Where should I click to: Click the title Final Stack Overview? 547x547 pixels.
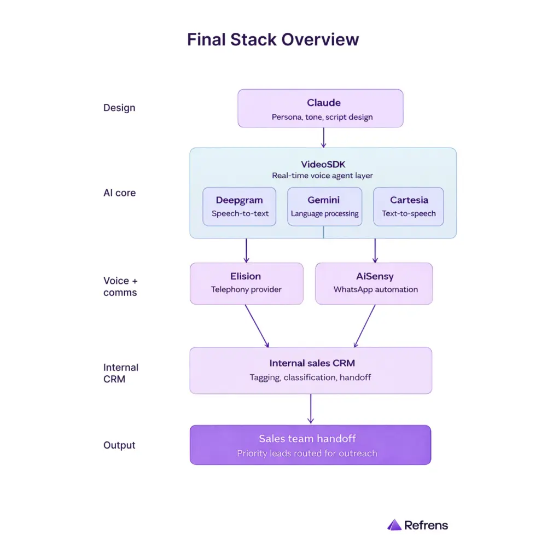(273, 39)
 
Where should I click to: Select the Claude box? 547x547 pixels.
(320, 108)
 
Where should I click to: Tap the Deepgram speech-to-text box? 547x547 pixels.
(240, 206)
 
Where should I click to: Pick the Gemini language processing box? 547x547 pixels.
(324, 206)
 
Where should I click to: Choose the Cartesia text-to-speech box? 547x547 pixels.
(409, 206)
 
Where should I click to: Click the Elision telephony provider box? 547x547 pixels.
(246, 283)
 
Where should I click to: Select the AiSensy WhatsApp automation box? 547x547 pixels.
(374, 283)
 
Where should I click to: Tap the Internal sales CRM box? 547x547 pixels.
(310, 370)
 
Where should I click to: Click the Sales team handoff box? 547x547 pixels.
(310, 445)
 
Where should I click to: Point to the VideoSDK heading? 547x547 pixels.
(323, 164)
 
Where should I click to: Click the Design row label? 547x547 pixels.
(119, 108)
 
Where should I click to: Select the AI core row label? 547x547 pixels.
(119, 193)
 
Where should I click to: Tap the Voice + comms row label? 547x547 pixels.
(120, 286)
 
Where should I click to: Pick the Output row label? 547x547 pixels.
(119, 445)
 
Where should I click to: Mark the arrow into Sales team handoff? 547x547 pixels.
(311, 409)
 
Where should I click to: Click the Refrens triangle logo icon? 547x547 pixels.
(394, 525)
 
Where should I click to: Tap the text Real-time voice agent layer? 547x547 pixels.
(323, 176)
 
